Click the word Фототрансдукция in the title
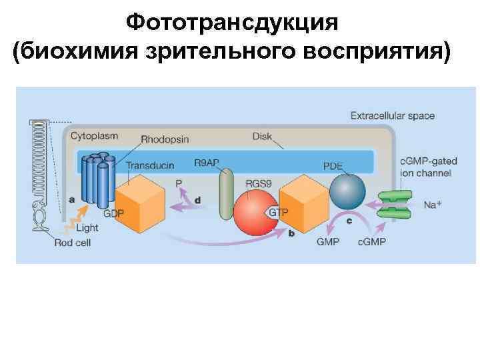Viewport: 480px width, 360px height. [233, 23]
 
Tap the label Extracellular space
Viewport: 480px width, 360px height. [393, 116]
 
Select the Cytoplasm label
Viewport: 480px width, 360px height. [95, 136]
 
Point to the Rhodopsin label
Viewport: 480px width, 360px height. [165, 140]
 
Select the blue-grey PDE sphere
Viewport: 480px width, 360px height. [347, 191]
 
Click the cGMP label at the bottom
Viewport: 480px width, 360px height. [371, 241]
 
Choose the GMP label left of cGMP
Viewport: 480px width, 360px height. [329, 241]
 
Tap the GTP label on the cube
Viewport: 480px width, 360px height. [277, 213]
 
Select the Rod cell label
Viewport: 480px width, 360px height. [73, 243]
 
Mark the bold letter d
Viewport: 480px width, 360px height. [197, 199]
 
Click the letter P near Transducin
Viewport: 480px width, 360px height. [179, 183]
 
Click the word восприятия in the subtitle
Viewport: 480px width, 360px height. [378, 51]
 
